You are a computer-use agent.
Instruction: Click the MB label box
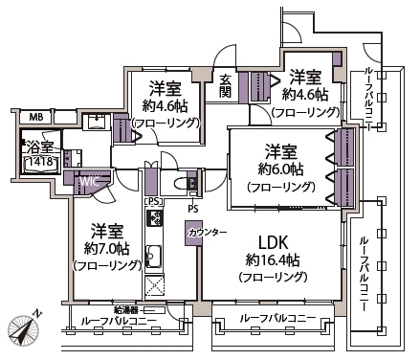34,118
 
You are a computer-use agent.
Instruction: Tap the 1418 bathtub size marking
38,164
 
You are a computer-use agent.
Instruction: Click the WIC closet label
87,179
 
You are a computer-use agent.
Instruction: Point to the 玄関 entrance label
225,84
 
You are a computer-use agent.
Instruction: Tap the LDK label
272,240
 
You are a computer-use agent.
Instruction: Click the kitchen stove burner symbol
153,220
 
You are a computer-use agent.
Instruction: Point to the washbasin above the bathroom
97,123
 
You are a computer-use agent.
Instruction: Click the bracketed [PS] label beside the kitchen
153,201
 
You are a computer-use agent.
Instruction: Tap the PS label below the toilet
193,207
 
